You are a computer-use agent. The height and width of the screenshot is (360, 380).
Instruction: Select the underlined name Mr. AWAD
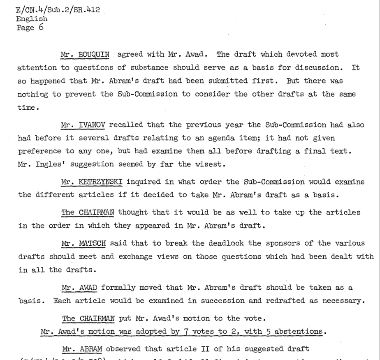pyautogui.click(x=80, y=288)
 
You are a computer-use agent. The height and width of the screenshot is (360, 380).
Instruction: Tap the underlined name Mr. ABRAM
pyautogui.click(x=81, y=349)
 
